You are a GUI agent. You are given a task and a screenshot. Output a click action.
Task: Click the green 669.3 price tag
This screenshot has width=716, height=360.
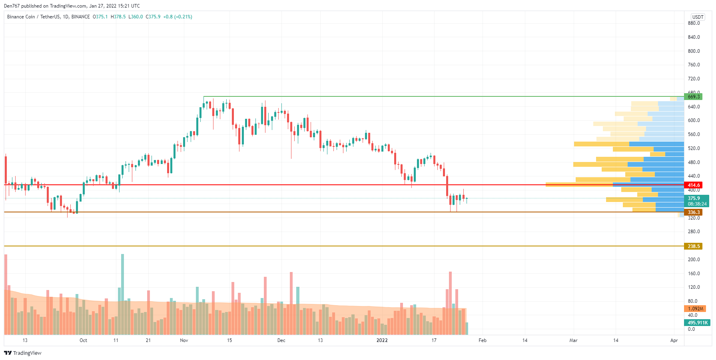point(693,97)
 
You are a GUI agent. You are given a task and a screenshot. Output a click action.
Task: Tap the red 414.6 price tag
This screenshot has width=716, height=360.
point(693,185)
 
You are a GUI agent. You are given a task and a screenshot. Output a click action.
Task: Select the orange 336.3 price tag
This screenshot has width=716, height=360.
point(693,212)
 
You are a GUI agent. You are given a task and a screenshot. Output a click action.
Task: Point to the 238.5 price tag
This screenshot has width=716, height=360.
point(693,246)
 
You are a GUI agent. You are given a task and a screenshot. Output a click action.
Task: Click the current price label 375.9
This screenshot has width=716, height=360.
point(694,198)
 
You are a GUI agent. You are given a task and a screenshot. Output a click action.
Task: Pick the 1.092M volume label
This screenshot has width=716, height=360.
point(695,309)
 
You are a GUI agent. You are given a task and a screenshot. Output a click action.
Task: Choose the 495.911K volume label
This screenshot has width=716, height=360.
point(697,323)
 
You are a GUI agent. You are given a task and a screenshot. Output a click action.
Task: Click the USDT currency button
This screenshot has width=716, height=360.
point(698,17)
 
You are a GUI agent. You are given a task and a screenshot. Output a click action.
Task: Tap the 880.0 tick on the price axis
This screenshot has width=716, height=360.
point(694,23)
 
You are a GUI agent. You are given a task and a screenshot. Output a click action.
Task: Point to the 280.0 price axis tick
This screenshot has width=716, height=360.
point(694,232)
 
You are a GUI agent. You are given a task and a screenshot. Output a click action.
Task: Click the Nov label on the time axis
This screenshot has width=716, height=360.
point(184,340)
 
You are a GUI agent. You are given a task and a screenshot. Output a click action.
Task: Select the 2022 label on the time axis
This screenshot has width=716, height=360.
point(382,340)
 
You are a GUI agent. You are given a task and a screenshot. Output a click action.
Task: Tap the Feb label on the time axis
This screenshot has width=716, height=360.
point(483,340)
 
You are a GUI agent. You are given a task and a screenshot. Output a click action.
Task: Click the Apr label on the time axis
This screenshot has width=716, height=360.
point(674,340)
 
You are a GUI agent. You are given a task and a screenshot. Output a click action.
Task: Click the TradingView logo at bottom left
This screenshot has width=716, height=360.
point(23,353)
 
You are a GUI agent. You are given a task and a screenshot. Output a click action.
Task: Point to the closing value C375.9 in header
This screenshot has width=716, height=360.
point(153,17)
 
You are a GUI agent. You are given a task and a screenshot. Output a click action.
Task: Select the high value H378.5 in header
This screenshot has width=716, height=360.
point(118,17)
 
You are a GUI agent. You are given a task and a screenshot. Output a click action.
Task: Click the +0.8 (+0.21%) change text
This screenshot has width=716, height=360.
point(178,17)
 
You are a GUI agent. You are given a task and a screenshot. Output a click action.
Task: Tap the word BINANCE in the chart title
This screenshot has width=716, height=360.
point(80,17)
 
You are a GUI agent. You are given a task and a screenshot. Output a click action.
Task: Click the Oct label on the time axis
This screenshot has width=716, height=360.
point(83,340)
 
